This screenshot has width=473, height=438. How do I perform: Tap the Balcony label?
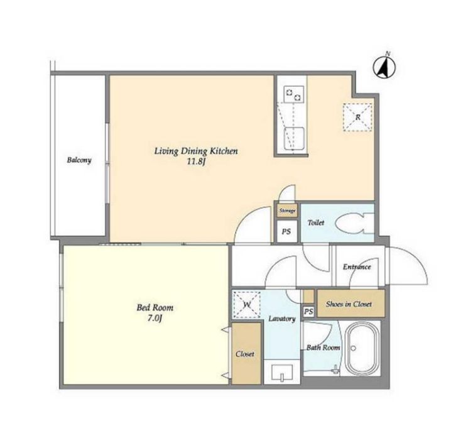pyautogui.click(x=79, y=160)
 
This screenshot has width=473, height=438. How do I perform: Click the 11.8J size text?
pyautogui.click(x=196, y=162)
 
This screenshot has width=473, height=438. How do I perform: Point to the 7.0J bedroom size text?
pyautogui.click(x=155, y=319)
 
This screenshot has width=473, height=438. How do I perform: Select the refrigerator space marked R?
pyautogui.click(x=357, y=117)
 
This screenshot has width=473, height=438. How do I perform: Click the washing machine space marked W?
pyautogui.click(x=247, y=305)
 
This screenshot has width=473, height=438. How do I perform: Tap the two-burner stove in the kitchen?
pyautogui.click(x=293, y=94)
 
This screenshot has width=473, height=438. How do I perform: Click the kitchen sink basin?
pyautogui.click(x=294, y=138)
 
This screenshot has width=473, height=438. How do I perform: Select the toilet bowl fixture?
pyautogui.click(x=354, y=223)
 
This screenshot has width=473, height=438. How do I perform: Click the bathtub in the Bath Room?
pyautogui.click(x=361, y=349)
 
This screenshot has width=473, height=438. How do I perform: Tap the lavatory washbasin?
pyautogui.click(x=282, y=373)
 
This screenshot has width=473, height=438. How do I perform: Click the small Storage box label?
pyautogui.click(x=287, y=211)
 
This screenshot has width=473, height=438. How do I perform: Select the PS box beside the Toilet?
pyautogui.click(x=287, y=231)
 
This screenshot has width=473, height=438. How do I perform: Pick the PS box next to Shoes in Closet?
pyautogui.click(x=308, y=312)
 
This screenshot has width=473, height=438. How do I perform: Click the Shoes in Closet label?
pyautogui.click(x=349, y=304)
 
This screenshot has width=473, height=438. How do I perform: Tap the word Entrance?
pyautogui.click(x=357, y=267)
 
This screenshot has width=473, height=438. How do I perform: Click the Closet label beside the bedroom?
pyautogui.click(x=245, y=354)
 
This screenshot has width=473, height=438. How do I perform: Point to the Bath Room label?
pyautogui.click(x=323, y=348)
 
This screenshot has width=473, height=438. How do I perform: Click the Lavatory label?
pyautogui.click(x=282, y=319)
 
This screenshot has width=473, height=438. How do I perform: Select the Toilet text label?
pyautogui.click(x=316, y=223)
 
